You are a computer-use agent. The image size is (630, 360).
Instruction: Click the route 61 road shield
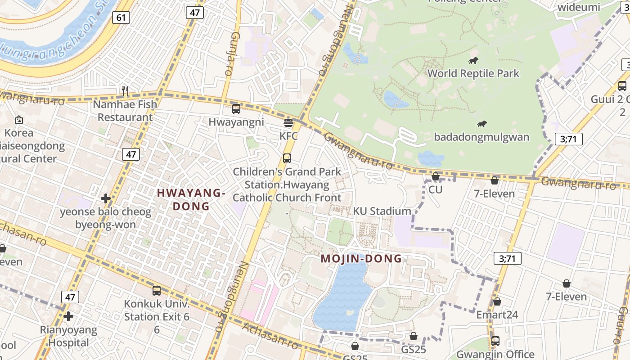coord(121,18)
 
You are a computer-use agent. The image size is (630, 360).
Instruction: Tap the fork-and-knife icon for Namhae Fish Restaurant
coord(125,91)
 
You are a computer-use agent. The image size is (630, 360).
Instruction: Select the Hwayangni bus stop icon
coord(236,108)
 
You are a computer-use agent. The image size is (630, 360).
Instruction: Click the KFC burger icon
coord(288,122)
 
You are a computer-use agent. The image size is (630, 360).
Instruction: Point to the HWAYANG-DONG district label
coord(191,199)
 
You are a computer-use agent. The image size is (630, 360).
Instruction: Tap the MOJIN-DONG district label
coord(361,259)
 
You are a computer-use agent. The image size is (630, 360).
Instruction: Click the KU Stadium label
coord(382,211)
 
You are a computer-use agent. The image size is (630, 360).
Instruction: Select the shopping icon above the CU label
coord(435,176)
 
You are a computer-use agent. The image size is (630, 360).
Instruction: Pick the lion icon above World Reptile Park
coord(473,60)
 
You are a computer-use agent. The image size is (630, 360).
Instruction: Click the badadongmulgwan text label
coord(481,137)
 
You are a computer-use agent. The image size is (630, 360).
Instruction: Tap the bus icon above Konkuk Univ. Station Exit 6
coord(157,291)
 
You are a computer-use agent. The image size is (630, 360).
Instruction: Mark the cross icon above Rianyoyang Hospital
coord(68,316)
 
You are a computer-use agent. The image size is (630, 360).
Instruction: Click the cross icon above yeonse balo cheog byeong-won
coord(106,198)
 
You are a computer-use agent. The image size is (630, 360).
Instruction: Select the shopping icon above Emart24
coord(497,301)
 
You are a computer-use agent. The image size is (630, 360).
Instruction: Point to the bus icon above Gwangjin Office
coord(495,341)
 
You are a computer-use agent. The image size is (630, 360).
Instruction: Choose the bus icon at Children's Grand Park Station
coord(287,158)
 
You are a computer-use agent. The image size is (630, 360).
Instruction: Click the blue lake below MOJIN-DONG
coord(342,297)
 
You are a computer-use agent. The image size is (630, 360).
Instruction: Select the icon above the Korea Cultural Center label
coord(19,120)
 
